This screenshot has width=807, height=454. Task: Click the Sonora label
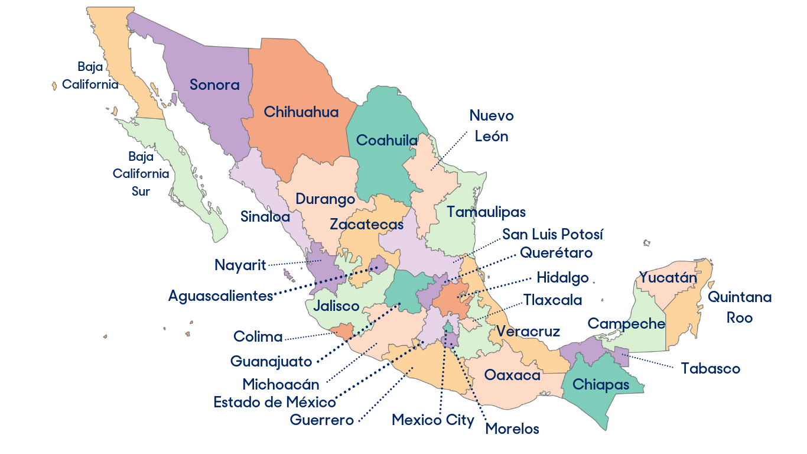pyautogui.click(x=214, y=85)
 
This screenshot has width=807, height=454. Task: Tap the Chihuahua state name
pyautogui.click(x=301, y=112)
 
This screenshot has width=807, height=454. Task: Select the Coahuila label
pyautogui.click(x=387, y=141)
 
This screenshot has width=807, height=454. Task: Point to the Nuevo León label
pyautogui.click(x=492, y=126)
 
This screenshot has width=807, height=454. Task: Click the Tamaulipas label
pyautogui.click(x=486, y=212)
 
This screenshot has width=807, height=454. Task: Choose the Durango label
pyautogui.click(x=325, y=199)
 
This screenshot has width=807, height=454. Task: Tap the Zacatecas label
pyautogui.click(x=366, y=225)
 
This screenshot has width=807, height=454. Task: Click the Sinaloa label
pyautogui.click(x=265, y=216)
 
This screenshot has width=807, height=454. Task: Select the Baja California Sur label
pyautogui.click(x=141, y=174)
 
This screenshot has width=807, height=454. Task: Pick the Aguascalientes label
pyautogui.click(x=220, y=296)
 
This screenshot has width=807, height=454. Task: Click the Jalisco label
pyautogui.click(x=336, y=306)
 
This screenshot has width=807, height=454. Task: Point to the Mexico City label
pyautogui.click(x=433, y=420)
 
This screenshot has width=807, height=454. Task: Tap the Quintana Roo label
pyautogui.click(x=740, y=307)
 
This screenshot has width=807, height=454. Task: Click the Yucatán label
pyautogui.click(x=668, y=277)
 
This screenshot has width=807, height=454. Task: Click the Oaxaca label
pyautogui.click(x=512, y=375)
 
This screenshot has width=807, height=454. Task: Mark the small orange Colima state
pyautogui.click(x=342, y=330)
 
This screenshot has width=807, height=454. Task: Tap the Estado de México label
pyautogui.click(x=275, y=403)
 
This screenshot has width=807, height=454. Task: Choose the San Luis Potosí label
pyautogui.click(x=552, y=235)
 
